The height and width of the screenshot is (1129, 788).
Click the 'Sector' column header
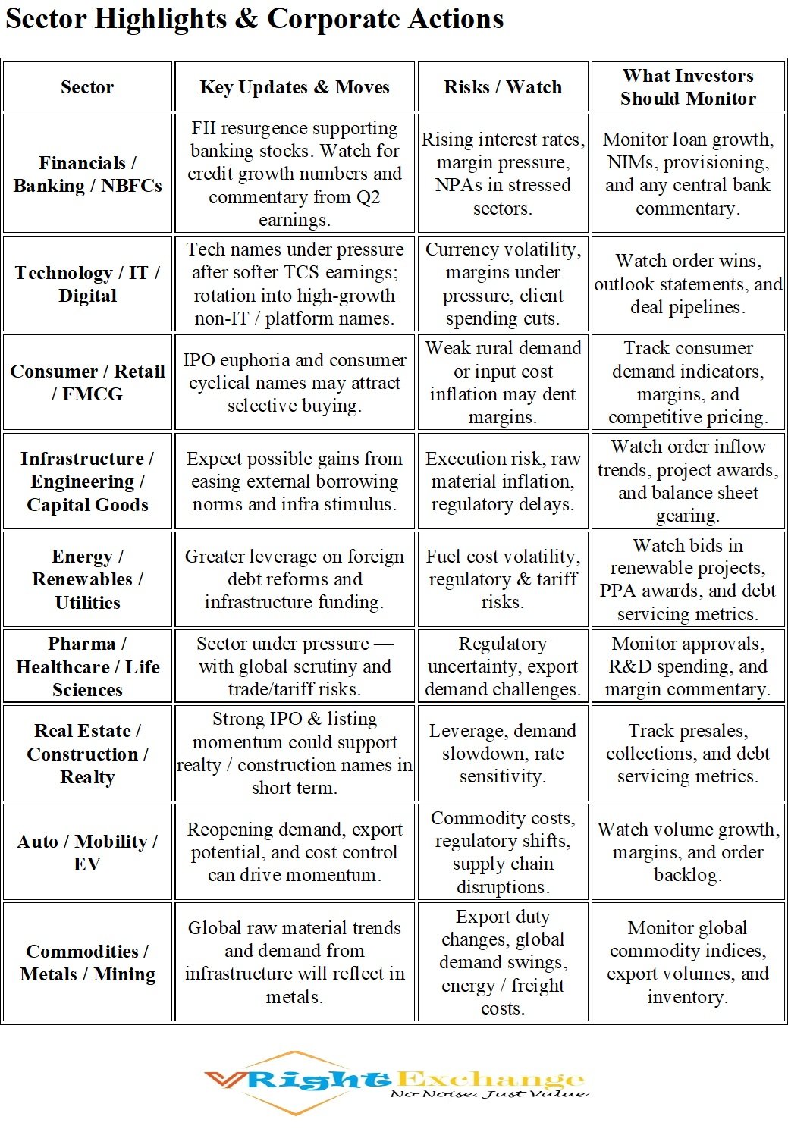87,87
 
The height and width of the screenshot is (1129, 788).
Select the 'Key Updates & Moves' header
294,87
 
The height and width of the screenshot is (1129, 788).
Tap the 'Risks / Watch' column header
503,87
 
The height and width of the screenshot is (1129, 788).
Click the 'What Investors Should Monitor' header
688,87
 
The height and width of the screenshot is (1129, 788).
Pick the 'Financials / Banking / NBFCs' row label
87,174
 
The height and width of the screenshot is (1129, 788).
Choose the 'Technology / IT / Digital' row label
87,284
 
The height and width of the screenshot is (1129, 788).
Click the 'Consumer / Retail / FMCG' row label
87,383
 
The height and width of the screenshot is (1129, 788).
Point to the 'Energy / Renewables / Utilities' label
87,579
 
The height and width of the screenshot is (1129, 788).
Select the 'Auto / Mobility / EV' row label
87,852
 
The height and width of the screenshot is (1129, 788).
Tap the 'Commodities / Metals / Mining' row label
87,963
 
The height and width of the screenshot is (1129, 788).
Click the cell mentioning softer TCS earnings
294,284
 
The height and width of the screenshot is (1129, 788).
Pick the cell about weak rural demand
503,383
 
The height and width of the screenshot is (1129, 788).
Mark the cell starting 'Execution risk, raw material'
503,481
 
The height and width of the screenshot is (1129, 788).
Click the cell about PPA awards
688,579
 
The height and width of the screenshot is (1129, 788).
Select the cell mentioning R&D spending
688,666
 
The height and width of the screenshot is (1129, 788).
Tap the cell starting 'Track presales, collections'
688,754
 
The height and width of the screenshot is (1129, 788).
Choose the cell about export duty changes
503,963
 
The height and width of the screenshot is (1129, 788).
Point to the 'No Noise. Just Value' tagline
489,1094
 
